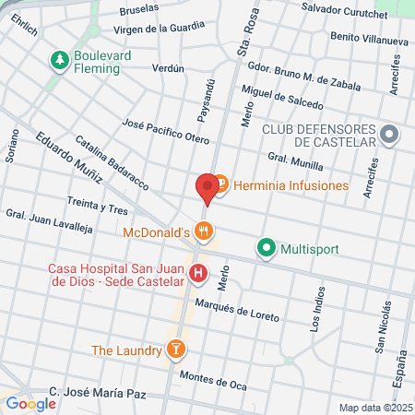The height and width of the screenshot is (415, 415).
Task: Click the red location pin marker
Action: (207, 188)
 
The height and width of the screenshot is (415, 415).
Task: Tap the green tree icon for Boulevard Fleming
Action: (60, 60)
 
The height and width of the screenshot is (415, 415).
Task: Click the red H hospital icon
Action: (197, 274)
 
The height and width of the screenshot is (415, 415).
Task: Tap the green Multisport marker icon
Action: (267, 247)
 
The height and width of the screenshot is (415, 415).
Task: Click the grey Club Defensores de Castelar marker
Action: (389, 136)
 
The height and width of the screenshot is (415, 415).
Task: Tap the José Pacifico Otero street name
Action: (166, 131)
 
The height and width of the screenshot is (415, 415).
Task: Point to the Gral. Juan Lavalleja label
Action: (50, 224)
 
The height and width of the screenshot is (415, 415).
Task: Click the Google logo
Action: (31, 403)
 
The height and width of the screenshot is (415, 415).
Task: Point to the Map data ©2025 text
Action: (373, 408)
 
